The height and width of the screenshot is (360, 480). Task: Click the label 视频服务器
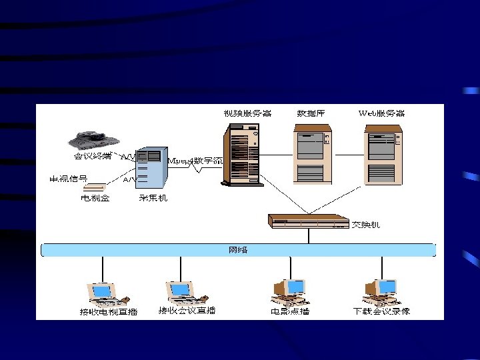247,113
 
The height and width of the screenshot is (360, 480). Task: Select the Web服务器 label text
382,113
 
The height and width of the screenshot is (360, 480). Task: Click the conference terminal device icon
94,141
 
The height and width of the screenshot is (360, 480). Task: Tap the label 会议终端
93,158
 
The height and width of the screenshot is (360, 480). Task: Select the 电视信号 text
69,179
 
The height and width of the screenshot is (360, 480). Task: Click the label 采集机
153,198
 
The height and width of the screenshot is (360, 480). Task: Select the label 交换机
367,225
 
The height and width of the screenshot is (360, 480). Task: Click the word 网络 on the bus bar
238,250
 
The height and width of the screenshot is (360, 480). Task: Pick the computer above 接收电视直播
101,293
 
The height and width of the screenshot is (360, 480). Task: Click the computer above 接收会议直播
182,291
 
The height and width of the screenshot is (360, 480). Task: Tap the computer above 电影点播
289,291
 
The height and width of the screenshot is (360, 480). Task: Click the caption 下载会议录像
381,311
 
